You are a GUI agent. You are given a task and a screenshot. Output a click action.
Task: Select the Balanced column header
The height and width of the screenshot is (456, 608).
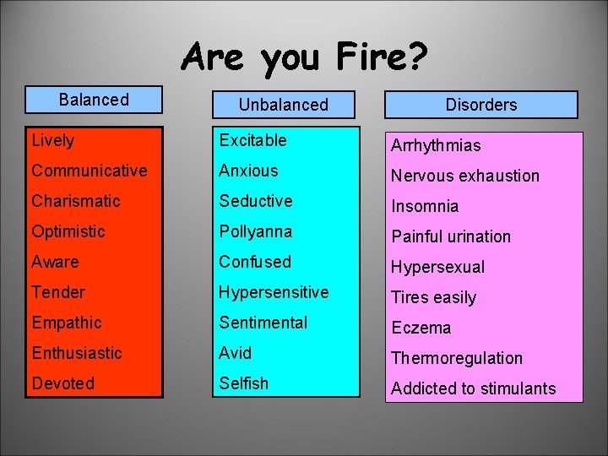click(x=94, y=100)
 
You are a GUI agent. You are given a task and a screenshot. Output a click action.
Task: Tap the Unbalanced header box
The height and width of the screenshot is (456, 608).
click(x=283, y=105)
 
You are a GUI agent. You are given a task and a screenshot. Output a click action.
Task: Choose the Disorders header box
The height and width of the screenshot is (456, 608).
click(x=481, y=105)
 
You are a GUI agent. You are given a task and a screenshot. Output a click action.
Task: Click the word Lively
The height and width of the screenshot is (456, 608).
click(x=53, y=141)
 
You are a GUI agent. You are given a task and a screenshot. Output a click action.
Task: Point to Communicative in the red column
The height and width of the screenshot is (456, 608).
click(x=90, y=171)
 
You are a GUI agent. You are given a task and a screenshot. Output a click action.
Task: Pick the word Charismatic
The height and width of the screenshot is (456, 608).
click(x=76, y=201)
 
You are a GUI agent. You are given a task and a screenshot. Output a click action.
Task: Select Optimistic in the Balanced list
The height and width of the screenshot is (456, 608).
click(x=68, y=231)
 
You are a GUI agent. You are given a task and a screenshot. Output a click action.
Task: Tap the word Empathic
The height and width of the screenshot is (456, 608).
click(x=67, y=323)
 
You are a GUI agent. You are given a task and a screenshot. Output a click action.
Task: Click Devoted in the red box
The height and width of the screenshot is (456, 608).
click(x=63, y=383)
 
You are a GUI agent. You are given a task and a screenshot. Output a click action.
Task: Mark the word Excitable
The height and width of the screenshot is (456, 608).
click(x=252, y=140)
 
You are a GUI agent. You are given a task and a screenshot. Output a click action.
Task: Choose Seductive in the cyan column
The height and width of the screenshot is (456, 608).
click(x=256, y=201)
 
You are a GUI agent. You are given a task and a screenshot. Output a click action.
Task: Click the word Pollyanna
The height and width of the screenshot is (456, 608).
click(x=256, y=231)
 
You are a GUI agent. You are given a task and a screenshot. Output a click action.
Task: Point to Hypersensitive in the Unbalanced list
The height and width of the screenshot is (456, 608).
click(x=274, y=292)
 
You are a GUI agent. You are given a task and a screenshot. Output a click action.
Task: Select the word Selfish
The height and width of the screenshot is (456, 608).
click(x=244, y=383)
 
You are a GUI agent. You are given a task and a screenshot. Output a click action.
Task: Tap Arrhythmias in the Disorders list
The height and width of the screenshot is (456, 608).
click(x=436, y=145)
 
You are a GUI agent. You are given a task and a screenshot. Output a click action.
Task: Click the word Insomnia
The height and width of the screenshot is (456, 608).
click(x=425, y=206)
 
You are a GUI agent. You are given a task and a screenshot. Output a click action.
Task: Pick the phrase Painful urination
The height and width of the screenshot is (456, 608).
click(x=451, y=236)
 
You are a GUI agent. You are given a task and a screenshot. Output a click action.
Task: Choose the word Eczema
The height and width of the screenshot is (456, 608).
click(x=421, y=328)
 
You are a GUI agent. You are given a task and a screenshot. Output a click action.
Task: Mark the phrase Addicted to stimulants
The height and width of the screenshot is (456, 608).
click(x=474, y=388)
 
